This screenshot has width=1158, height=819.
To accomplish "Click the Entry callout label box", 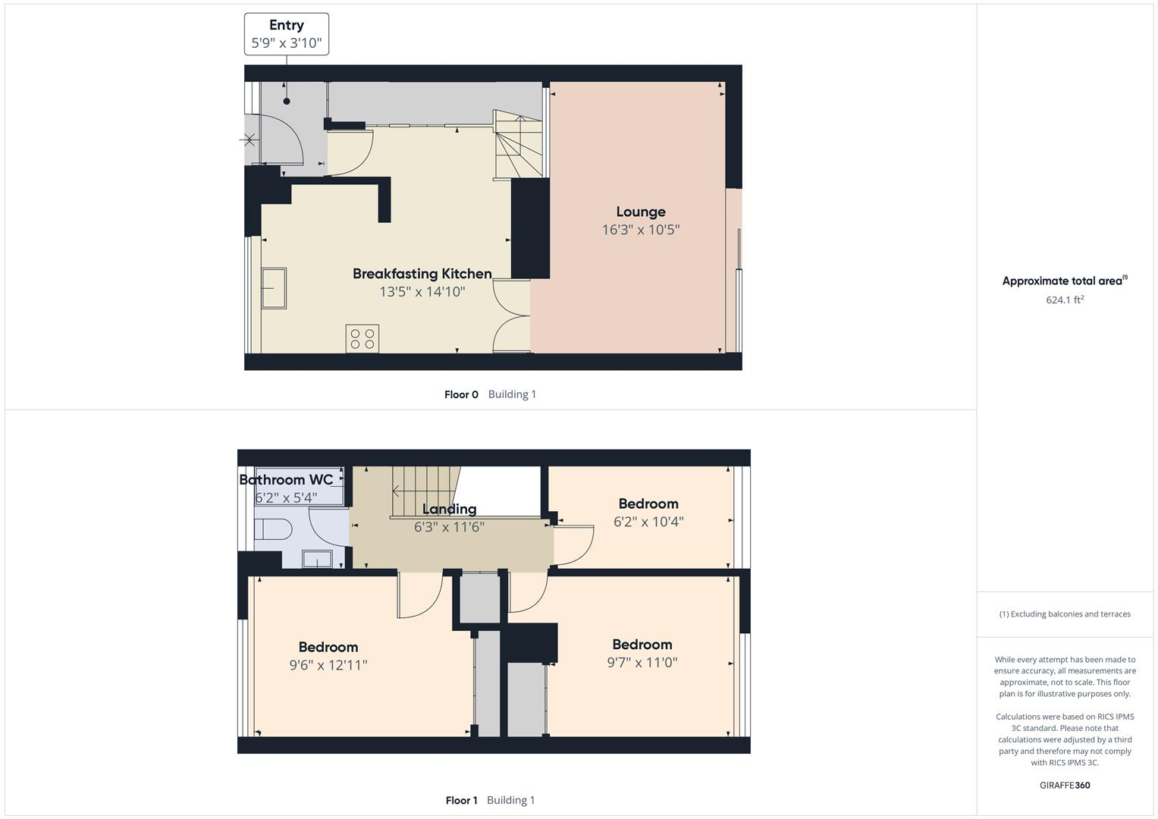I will (x=287, y=34).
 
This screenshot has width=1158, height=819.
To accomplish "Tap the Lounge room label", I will (x=641, y=212).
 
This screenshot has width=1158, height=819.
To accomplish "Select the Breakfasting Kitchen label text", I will (x=422, y=274).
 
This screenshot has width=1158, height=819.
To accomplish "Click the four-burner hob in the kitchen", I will (x=362, y=338).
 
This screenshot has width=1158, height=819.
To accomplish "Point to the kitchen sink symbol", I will (x=274, y=288).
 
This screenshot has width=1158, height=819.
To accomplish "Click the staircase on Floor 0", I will (x=519, y=145).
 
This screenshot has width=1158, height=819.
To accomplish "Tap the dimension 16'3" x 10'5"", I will (x=641, y=230).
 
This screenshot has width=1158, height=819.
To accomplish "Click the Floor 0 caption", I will (x=461, y=394).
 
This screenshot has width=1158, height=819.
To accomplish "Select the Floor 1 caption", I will (x=461, y=800).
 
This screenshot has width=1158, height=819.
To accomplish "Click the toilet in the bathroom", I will (x=273, y=529).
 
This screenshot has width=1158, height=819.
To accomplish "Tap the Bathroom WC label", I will (x=286, y=480).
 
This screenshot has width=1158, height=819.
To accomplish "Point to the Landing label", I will (x=449, y=509).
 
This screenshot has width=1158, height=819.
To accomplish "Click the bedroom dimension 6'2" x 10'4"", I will (x=648, y=522).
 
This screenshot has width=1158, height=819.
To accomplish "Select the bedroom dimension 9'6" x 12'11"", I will (x=328, y=665).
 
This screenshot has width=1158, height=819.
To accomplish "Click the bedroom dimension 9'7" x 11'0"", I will (x=642, y=662).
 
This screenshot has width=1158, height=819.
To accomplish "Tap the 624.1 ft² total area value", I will (x=1065, y=300).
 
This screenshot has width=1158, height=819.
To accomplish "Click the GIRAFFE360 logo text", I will (x=1065, y=785).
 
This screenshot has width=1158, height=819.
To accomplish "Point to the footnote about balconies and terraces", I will (x=1065, y=614).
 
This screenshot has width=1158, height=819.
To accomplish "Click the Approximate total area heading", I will (x=1064, y=281).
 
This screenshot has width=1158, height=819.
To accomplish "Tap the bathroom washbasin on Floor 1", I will (x=317, y=559).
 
